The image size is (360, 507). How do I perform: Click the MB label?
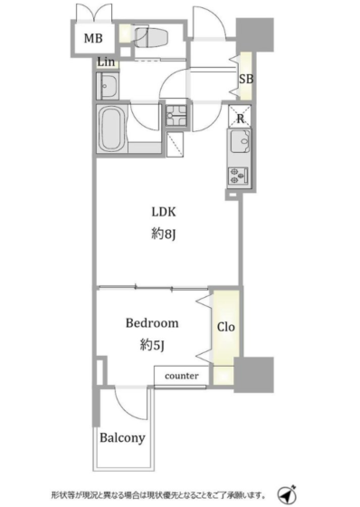(x=93, y=38)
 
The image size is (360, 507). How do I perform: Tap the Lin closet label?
(x=106, y=62)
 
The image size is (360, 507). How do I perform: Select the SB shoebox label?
(x=246, y=79)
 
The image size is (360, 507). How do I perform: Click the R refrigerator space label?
(x=240, y=119)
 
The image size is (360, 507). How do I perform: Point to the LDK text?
(x=164, y=212)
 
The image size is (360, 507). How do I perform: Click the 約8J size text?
(x=164, y=234)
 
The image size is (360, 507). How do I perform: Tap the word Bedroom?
(x=152, y=323)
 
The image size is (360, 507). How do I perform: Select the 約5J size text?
(x=153, y=345)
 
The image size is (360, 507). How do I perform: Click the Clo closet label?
(x=225, y=327)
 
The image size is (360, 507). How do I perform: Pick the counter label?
(x=182, y=376)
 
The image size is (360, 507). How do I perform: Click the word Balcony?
(x=122, y=438)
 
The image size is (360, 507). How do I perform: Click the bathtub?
(x=111, y=129)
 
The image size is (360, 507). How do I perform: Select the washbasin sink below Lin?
(x=108, y=86)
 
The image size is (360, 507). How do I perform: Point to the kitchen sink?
(x=240, y=141)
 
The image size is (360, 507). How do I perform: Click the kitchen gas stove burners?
(x=238, y=177)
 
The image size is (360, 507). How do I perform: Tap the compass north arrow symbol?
(x=287, y=494)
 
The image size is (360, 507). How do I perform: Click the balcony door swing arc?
(x=129, y=407)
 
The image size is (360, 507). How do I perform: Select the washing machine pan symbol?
(x=176, y=116)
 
